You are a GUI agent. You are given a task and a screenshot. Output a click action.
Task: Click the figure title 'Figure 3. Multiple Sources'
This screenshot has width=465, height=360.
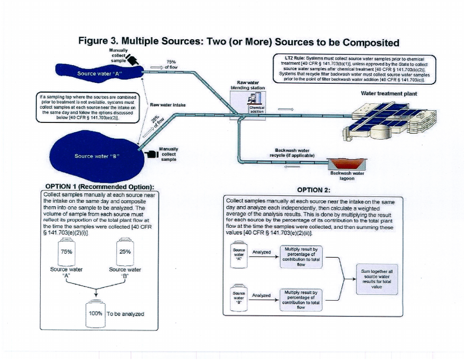point(239,42)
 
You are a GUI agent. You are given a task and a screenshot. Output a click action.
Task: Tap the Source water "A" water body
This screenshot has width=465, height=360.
point(98,73)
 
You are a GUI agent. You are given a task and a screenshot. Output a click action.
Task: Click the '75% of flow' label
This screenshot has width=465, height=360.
point(171,64)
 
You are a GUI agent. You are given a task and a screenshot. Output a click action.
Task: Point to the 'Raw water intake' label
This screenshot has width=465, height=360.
point(168,104)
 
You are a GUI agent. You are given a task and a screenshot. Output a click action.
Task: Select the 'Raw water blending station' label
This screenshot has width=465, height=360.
point(248,85)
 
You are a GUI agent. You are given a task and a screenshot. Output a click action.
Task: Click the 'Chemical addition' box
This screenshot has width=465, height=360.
point(257,109)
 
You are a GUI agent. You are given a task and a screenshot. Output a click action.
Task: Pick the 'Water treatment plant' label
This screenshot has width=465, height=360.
point(389,93)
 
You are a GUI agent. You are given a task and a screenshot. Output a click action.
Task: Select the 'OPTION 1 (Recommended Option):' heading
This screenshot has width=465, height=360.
point(100,187)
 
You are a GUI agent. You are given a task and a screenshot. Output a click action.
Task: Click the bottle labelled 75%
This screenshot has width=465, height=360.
point(67,252)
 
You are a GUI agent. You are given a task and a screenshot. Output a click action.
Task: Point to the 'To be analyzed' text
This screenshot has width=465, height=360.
point(126,314)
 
